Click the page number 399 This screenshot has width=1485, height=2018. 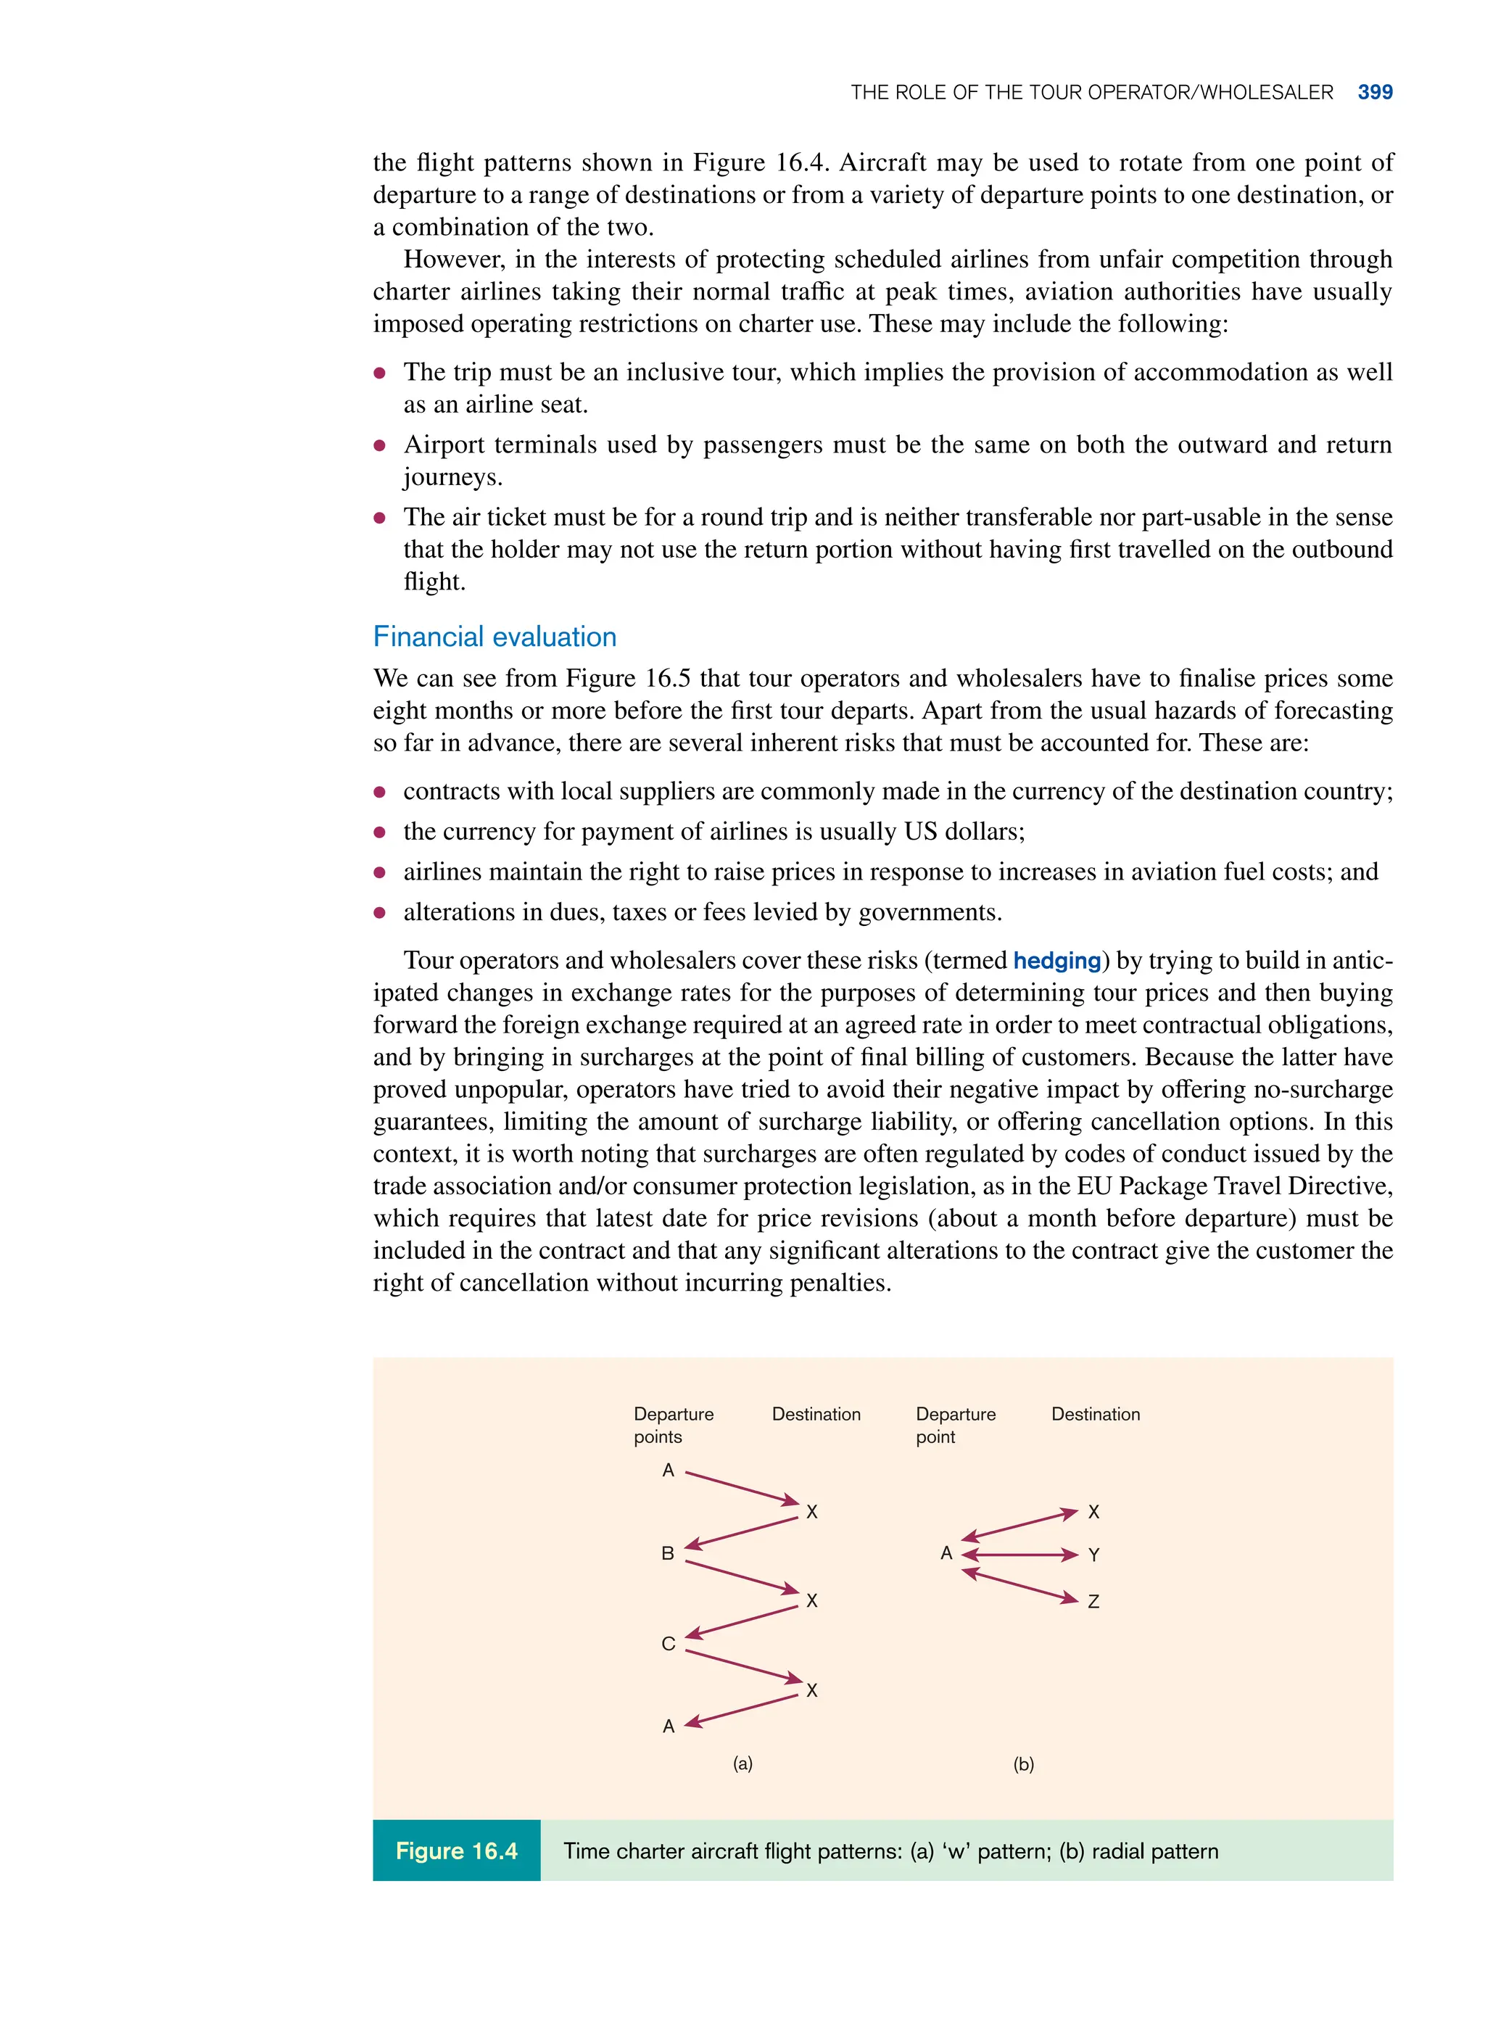(x=1375, y=93)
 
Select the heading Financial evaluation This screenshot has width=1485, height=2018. (x=495, y=637)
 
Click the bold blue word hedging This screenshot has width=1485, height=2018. (x=1056, y=960)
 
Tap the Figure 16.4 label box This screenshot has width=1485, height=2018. (x=457, y=1850)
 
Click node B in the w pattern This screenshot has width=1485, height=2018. (x=668, y=1553)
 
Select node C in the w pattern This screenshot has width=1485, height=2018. (x=668, y=1643)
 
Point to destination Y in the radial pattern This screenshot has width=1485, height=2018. (x=1093, y=1555)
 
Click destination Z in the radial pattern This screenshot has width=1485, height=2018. (x=1093, y=1601)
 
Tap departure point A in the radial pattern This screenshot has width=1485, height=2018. (x=946, y=1553)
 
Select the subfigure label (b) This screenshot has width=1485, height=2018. (x=1023, y=1763)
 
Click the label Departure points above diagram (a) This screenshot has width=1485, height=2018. (x=674, y=1425)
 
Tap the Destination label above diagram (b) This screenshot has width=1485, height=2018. (x=1095, y=1414)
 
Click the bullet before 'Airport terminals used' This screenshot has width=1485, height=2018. (x=380, y=445)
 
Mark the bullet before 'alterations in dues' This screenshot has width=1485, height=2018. (x=380, y=912)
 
